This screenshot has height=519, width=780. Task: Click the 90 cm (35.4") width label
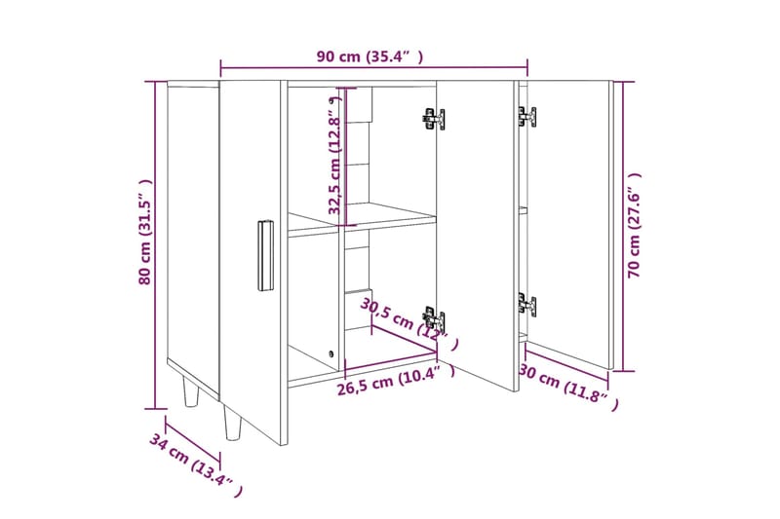[370, 56]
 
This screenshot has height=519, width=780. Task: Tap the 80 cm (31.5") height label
[144, 232]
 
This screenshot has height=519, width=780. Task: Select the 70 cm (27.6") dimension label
[635, 225]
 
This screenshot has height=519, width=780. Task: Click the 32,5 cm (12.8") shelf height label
[335, 156]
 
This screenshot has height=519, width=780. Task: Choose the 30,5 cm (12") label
[409, 323]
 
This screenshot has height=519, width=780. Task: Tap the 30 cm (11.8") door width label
[569, 387]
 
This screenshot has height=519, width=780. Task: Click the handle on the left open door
[265, 255]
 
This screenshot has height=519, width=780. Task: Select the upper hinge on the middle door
[433, 119]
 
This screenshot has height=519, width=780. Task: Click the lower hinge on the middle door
[434, 319]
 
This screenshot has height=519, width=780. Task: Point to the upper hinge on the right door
[526, 117]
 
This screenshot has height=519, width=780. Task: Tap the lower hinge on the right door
[526, 305]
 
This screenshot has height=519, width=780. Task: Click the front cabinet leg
[232, 423]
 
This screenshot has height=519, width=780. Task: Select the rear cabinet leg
[191, 391]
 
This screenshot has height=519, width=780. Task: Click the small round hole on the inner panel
[331, 354]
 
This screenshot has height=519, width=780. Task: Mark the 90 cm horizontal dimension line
[374, 67]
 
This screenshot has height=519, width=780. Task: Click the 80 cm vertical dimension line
[155, 245]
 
